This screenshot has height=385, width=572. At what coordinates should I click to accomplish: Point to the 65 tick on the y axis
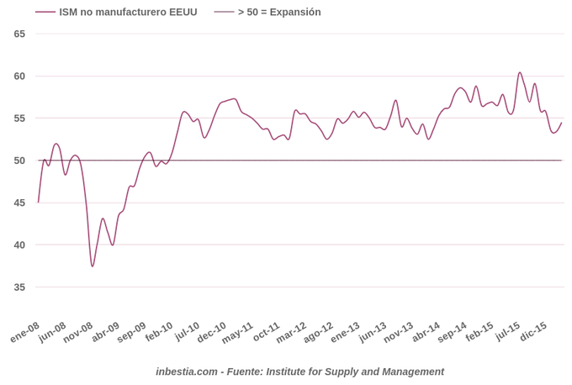pos(19,34)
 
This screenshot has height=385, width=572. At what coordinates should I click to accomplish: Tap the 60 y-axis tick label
pos(19,76)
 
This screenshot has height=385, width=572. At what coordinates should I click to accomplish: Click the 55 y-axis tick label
pos(19,119)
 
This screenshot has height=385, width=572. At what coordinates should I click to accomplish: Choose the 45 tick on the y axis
pos(19,203)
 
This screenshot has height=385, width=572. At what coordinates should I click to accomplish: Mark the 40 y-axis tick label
pos(19,245)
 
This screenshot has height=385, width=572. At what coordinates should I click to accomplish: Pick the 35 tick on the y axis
pos(19,287)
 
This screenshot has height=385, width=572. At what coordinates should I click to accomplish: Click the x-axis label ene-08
pos(25,332)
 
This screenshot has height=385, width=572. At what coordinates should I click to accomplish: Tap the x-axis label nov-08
pos(78,332)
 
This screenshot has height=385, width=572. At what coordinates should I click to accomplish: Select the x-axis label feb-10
pos(159,332)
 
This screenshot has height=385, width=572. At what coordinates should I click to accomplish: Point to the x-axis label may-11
pos(238,332)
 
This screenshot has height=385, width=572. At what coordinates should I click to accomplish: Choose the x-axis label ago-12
pos(318,332)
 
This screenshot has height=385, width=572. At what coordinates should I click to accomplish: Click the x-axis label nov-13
pos(398,332)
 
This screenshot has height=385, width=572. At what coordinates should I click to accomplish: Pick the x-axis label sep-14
pos(452,332)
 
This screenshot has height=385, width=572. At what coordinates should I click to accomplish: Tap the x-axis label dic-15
pos(533,332)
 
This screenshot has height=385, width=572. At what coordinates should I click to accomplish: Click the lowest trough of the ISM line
pos(93,266)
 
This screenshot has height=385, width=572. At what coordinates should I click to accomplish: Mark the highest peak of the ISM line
pos(520,72)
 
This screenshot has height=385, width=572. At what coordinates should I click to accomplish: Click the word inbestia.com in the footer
pos(186,372)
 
